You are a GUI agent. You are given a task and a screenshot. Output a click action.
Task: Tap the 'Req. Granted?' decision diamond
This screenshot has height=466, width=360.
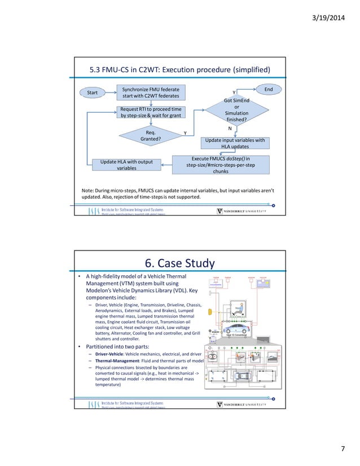[x=150, y=135]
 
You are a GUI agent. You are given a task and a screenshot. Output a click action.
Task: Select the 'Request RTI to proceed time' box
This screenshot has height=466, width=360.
[x=151, y=112]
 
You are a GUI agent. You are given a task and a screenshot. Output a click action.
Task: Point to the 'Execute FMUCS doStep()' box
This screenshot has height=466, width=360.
[x=229, y=164]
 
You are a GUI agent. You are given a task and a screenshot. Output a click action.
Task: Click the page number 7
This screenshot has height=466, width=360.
[x=342, y=449]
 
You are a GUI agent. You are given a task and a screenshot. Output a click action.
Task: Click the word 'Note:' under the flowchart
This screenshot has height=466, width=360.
[x=89, y=191]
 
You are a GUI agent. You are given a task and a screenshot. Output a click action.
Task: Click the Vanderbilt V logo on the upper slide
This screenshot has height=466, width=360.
[x=220, y=211]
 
